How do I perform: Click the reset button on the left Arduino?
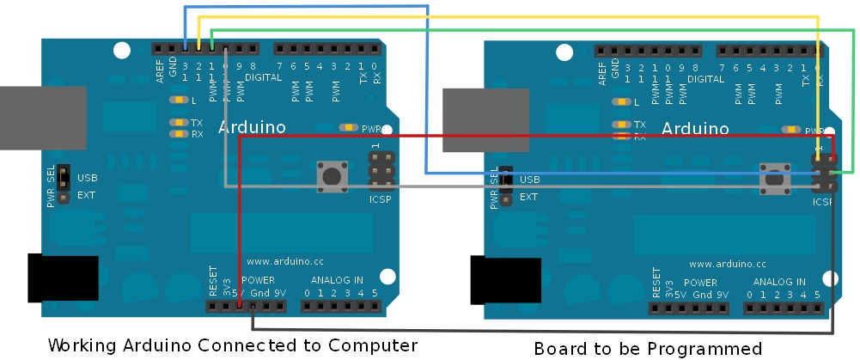tap(331, 176)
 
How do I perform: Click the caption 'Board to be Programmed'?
tap(648, 348)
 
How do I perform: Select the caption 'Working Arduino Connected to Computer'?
tap(232, 345)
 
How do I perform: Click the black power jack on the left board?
tap(62, 278)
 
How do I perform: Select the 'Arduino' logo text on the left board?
tap(252, 127)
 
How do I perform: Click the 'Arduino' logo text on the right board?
tap(695, 129)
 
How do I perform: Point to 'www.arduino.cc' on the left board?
tap(284, 261)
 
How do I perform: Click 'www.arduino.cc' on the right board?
tap(728, 265)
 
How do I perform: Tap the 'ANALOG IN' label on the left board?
tap(337, 280)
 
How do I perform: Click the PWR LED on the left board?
tap(348, 127)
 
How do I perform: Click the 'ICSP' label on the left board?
tap(380, 200)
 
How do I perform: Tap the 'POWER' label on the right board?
tap(700, 283)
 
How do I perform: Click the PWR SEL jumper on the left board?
tap(64, 184)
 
